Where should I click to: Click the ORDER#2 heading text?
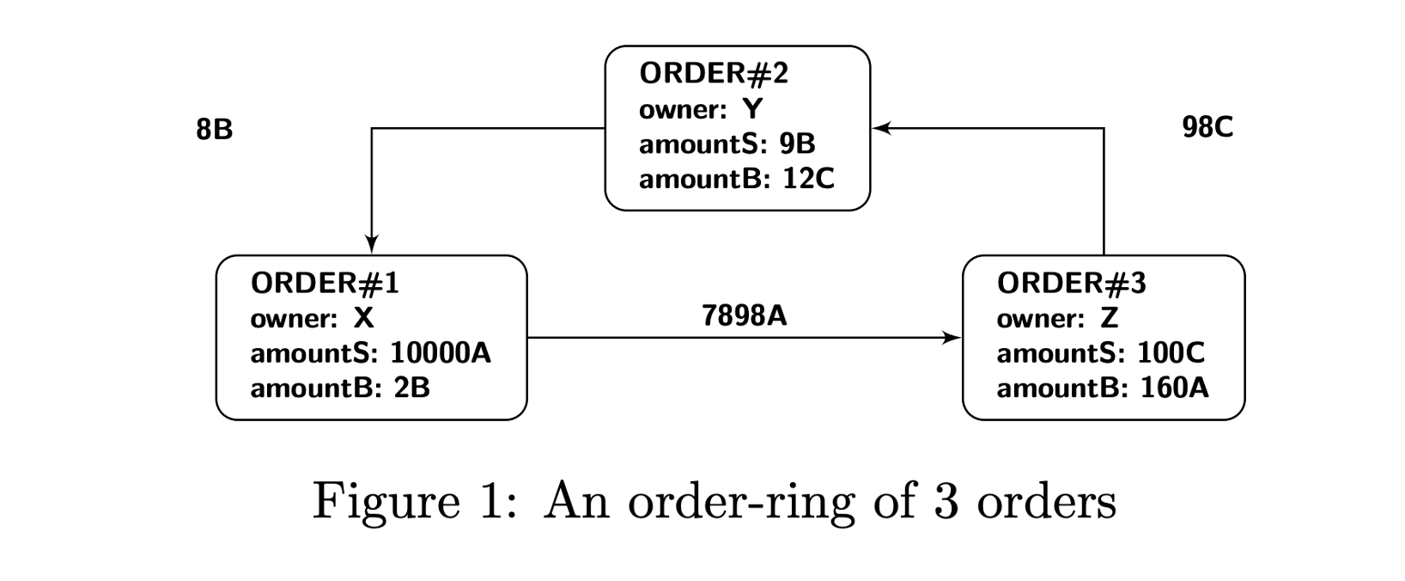tap(713, 73)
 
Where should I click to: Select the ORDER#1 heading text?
tap(325, 283)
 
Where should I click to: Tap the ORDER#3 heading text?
tap(1071, 283)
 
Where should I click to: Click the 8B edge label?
tap(214, 130)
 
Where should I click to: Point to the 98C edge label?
tap(1207, 127)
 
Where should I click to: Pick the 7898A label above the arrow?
tap(744, 316)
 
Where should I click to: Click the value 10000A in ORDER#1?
tap(441, 352)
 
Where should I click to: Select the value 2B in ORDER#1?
tap(411, 388)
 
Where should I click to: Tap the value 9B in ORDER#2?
tap(797, 144)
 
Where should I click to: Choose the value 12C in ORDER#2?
tap(808, 179)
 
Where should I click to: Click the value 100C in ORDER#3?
tap(1171, 352)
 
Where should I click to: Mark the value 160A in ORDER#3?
tap(1174, 388)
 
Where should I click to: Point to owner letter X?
tap(364, 318)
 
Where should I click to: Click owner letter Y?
tap(752, 109)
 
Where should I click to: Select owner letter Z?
tap(1110, 318)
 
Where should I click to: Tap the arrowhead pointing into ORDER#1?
tap(372, 244)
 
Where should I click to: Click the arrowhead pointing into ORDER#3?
tap(952, 338)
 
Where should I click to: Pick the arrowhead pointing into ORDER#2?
tap(882, 129)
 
